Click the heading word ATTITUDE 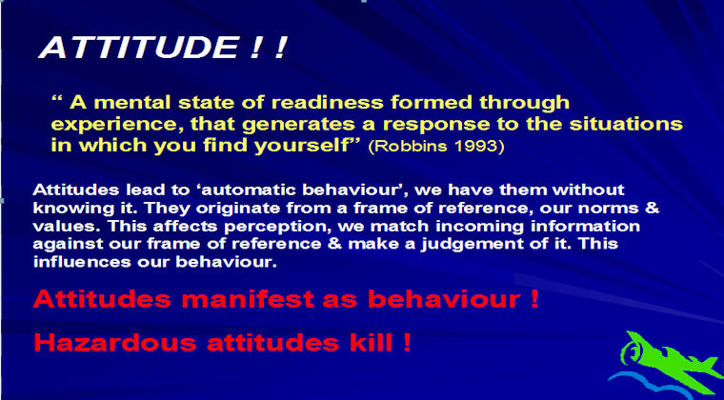137,48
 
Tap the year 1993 480,148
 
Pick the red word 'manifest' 248,300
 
